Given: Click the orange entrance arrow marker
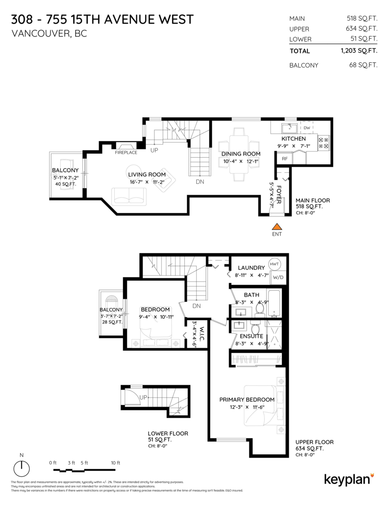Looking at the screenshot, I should point(276,227).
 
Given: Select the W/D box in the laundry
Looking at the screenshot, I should point(278,277).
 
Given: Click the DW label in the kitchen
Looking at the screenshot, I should point(307,128).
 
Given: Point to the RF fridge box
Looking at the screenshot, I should point(285,159).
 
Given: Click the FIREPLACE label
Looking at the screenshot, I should point(126,152).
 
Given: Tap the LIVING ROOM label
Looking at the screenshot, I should point(147,175).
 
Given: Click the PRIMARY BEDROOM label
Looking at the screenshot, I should point(247,399).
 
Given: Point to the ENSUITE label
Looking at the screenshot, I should point(251,336).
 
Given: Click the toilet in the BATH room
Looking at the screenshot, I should point(259,309).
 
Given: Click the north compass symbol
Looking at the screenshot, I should point(22,468).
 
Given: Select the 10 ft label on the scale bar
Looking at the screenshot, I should point(115,463).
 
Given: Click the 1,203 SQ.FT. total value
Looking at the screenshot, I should point(359,51).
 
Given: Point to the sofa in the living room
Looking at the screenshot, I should point(129,196).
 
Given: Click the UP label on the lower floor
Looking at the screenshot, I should point(143,397).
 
